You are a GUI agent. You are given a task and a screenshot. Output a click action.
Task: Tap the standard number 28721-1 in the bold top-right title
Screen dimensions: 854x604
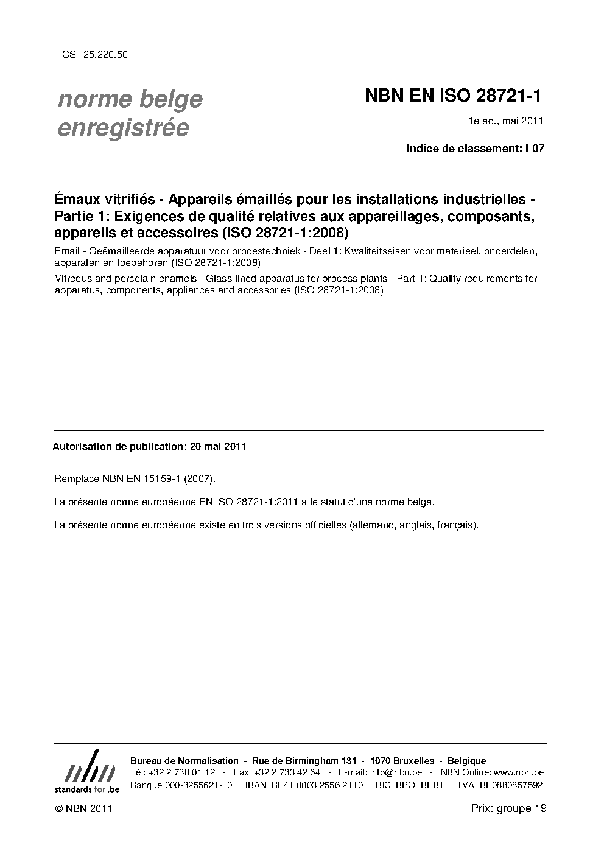pyautogui.click(x=507, y=96)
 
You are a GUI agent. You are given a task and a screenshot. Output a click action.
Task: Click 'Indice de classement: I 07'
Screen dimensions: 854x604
pyautogui.click(x=475, y=149)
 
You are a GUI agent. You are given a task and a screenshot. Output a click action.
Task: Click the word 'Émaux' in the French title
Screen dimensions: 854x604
pyautogui.click(x=75, y=199)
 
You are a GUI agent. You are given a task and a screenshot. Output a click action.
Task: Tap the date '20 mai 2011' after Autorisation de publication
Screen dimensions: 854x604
pyautogui.click(x=217, y=446)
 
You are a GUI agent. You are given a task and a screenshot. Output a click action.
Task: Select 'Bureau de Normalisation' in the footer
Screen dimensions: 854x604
pyautogui.click(x=184, y=761)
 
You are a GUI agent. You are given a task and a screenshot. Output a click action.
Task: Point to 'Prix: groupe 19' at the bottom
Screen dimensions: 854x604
pyautogui.click(x=508, y=809)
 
